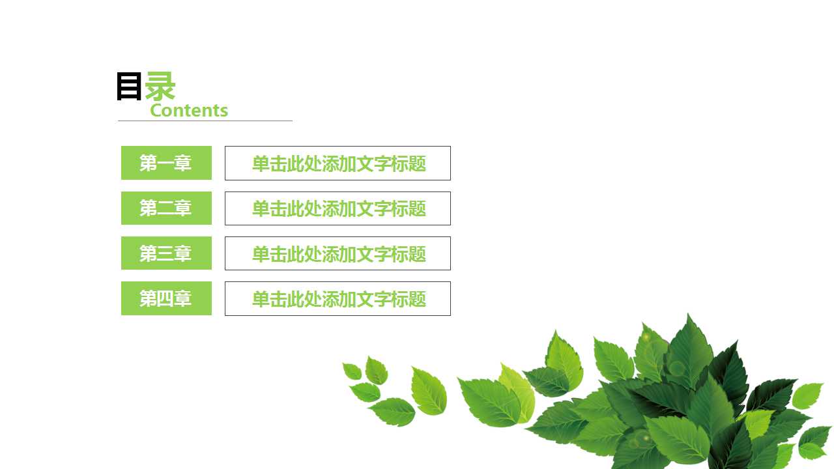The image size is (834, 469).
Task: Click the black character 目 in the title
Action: pyautogui.click(x=129, y=87)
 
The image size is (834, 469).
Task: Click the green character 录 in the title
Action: pyautogui.click(x=160, y=87)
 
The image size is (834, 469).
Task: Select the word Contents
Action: pyautogui.click(x=189, y=110)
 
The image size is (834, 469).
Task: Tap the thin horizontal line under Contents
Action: pyautogui.click(x=205, y=121)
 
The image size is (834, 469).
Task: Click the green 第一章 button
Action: pyautogui.click(x=166, y=163)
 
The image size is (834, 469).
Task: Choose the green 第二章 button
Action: pyautogui.click(x=166, y=208)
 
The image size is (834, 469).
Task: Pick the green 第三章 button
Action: pyautogui.click(x=166, y=253)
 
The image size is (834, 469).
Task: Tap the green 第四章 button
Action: pyautogui.click(x=166, y=298)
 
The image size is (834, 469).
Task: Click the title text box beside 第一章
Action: pyautogui.click(x=338, y=163)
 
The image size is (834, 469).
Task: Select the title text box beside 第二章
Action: pyautogui.click(x=338, y=208)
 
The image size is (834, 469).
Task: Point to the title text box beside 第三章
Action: pyautogui.click(x=338, y=253)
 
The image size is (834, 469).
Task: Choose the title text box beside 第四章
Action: pyautogui.click(x=338, y=298)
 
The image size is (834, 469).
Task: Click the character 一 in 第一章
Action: pyautogui.click(x=165, y=163)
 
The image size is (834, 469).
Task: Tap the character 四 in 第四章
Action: pyautogui.click(x=165, y=298)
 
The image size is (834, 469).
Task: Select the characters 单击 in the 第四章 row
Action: pyautogui.click(x=269, y=299)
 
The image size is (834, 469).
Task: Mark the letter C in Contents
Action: pyautogui.click(x=156, y=110)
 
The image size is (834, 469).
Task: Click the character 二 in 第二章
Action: pyautogui.click(x=165, y=208)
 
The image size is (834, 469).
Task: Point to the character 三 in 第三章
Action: pyautogui.click(x=165, y=253)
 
